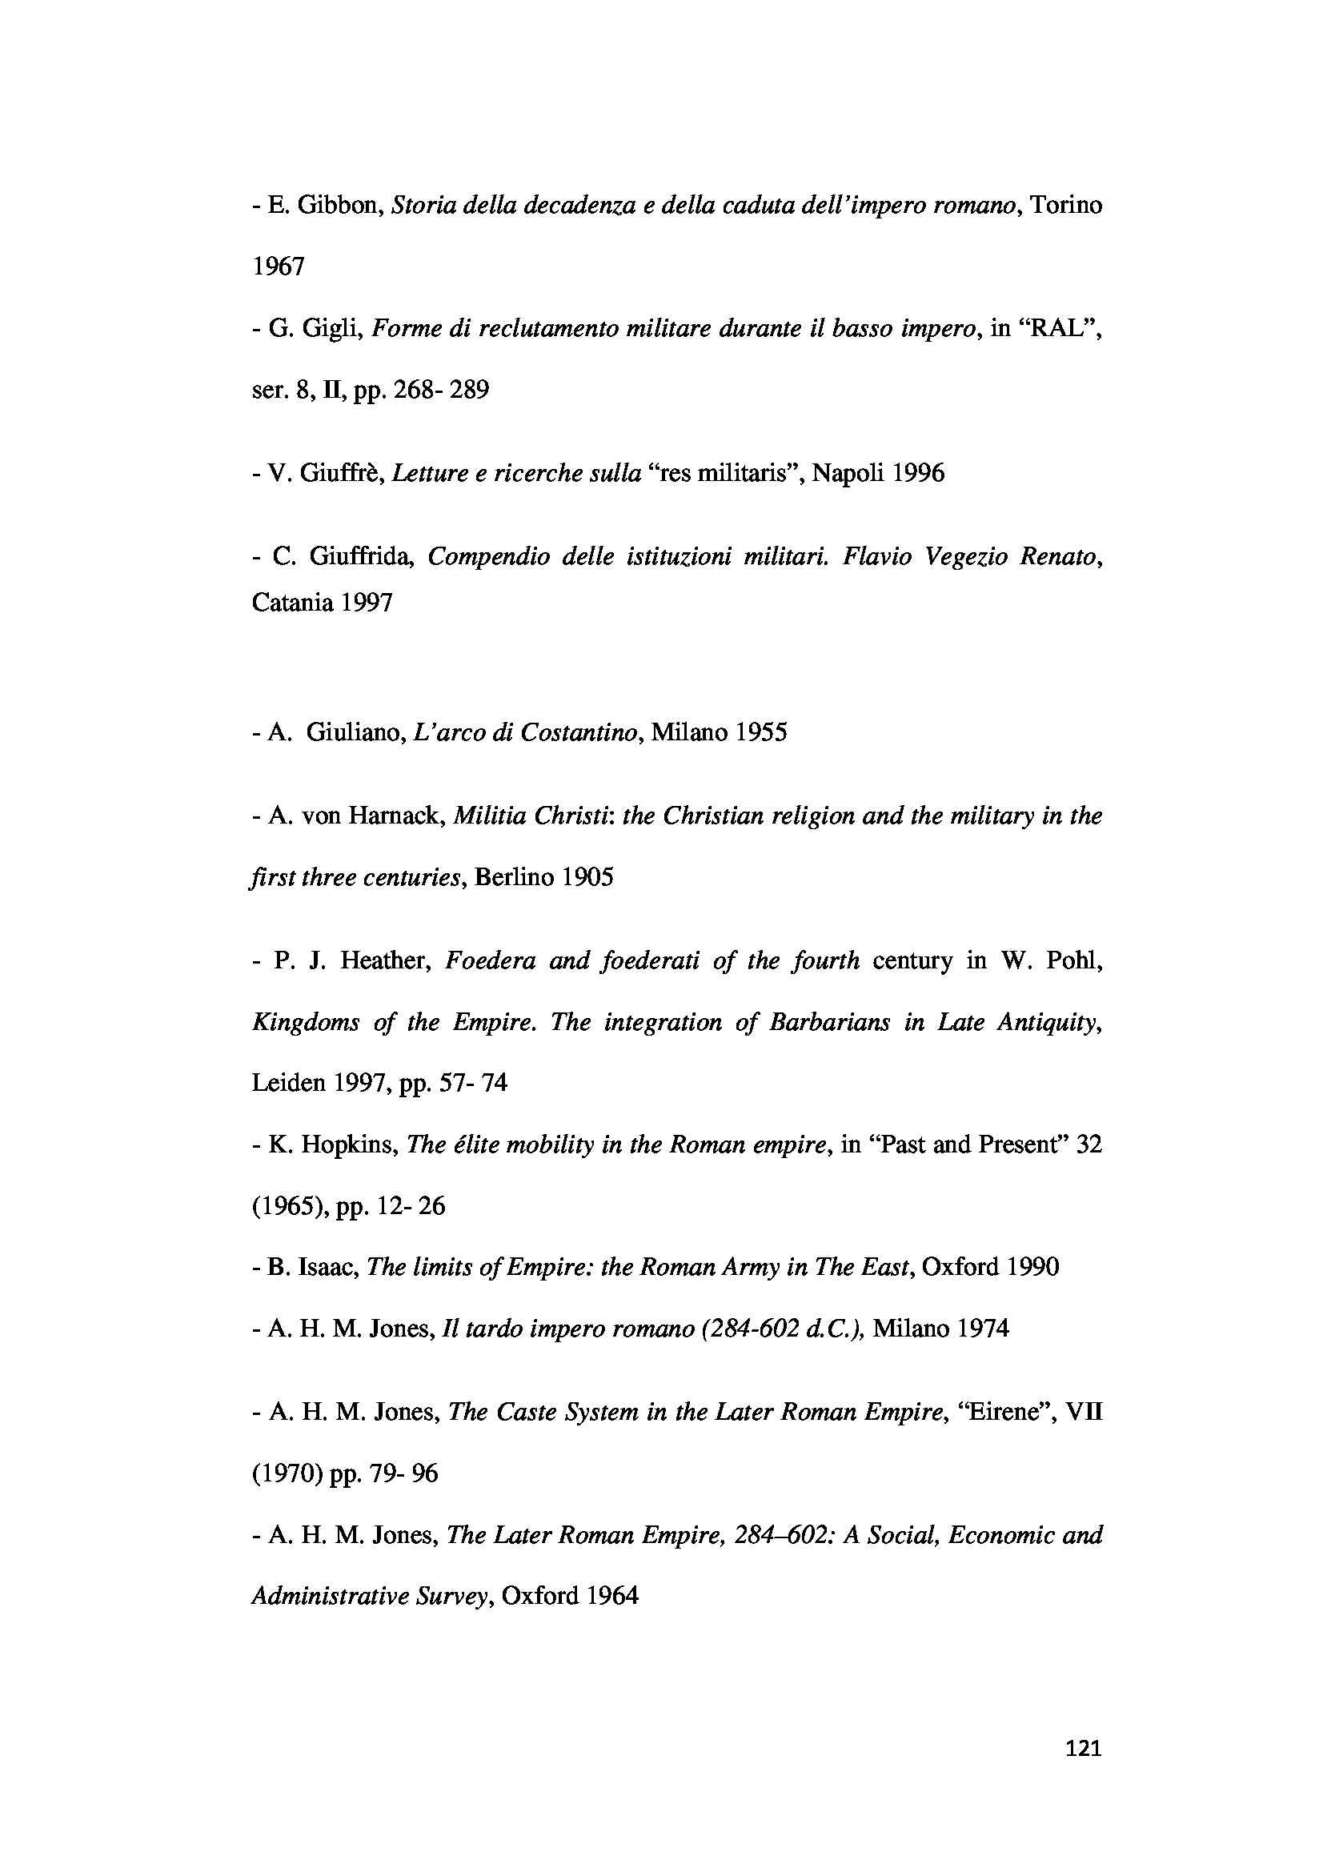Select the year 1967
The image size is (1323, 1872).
point(278,267)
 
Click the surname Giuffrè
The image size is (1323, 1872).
point(342,473)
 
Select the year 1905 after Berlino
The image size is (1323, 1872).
point(586,877)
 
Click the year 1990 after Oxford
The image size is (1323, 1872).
point(1032,1267)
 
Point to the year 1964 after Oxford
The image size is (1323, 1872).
point(611,1596)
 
